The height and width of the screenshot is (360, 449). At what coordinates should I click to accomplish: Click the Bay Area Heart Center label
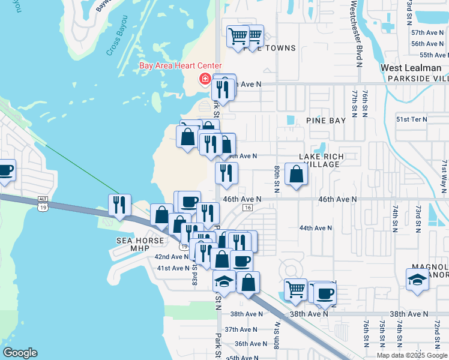(x=181, y=66)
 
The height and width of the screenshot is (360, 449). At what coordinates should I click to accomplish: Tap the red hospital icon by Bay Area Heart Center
(x=205, y=79)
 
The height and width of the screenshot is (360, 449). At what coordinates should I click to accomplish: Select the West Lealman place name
(x=411, y=68)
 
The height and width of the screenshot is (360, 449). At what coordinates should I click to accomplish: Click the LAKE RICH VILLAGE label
(x=322, y=160)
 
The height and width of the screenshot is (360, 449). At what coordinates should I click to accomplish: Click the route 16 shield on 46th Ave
(x=247, y=208)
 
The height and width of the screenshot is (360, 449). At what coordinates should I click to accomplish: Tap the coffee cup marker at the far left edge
(x=5, y=170)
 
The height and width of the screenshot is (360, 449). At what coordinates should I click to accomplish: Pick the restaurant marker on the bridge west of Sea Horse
(x=120, y=205)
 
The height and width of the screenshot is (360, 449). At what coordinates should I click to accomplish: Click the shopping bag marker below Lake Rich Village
(x=297, y=175)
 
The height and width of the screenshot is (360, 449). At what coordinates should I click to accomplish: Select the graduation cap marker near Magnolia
(x=417, y=279)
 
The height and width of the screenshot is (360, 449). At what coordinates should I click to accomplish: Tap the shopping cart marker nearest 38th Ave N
(x=295, y=289)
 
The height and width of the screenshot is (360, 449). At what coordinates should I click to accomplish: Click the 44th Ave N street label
(x=316, y=228)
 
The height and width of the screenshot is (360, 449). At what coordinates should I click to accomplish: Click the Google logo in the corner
(x=20, y=353)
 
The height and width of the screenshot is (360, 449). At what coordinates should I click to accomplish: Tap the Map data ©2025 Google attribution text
(x=412, y=355)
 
